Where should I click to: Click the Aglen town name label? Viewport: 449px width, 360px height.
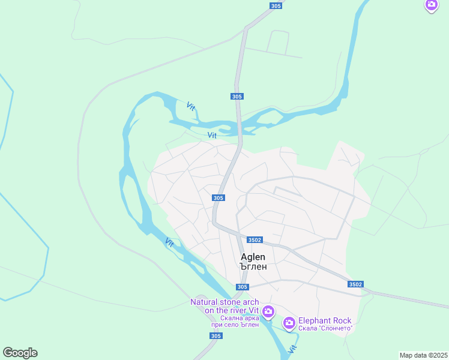[x=253, y=256]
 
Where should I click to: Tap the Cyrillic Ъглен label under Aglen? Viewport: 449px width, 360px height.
[x=253, y=266]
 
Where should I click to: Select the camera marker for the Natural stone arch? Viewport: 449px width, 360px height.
[x=268, y=311]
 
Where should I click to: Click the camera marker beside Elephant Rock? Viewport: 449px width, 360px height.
[x=289, y=323]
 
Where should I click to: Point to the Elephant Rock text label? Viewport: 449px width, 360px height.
[x=325, y=320]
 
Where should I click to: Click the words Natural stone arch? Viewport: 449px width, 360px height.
[x=224, y=302]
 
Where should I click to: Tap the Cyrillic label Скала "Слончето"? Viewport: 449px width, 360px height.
[x=325, y=328]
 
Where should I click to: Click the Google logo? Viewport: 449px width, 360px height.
[x=20, y=352]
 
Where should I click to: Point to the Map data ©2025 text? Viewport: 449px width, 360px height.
[x=423, y=355]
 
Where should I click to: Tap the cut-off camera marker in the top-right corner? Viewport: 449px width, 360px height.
[x=432, y=5]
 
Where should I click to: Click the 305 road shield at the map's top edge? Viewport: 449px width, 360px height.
[x=276, y=5]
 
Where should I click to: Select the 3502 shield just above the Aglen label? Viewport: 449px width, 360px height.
[x=254, y=239]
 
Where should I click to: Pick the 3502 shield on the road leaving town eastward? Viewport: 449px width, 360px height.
[x=355, y=284]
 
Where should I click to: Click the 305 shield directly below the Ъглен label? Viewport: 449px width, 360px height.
[x=242, y=287]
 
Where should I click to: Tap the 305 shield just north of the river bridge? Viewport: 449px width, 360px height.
[x=237, y=96]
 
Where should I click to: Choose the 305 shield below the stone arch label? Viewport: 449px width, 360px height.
[x=216, y=335]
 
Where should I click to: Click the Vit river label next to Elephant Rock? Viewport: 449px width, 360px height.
[x=293, y=347]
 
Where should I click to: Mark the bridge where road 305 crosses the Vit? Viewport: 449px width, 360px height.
[x=240, y=128]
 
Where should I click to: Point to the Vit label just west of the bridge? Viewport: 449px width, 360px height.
[x=212, y=135]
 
